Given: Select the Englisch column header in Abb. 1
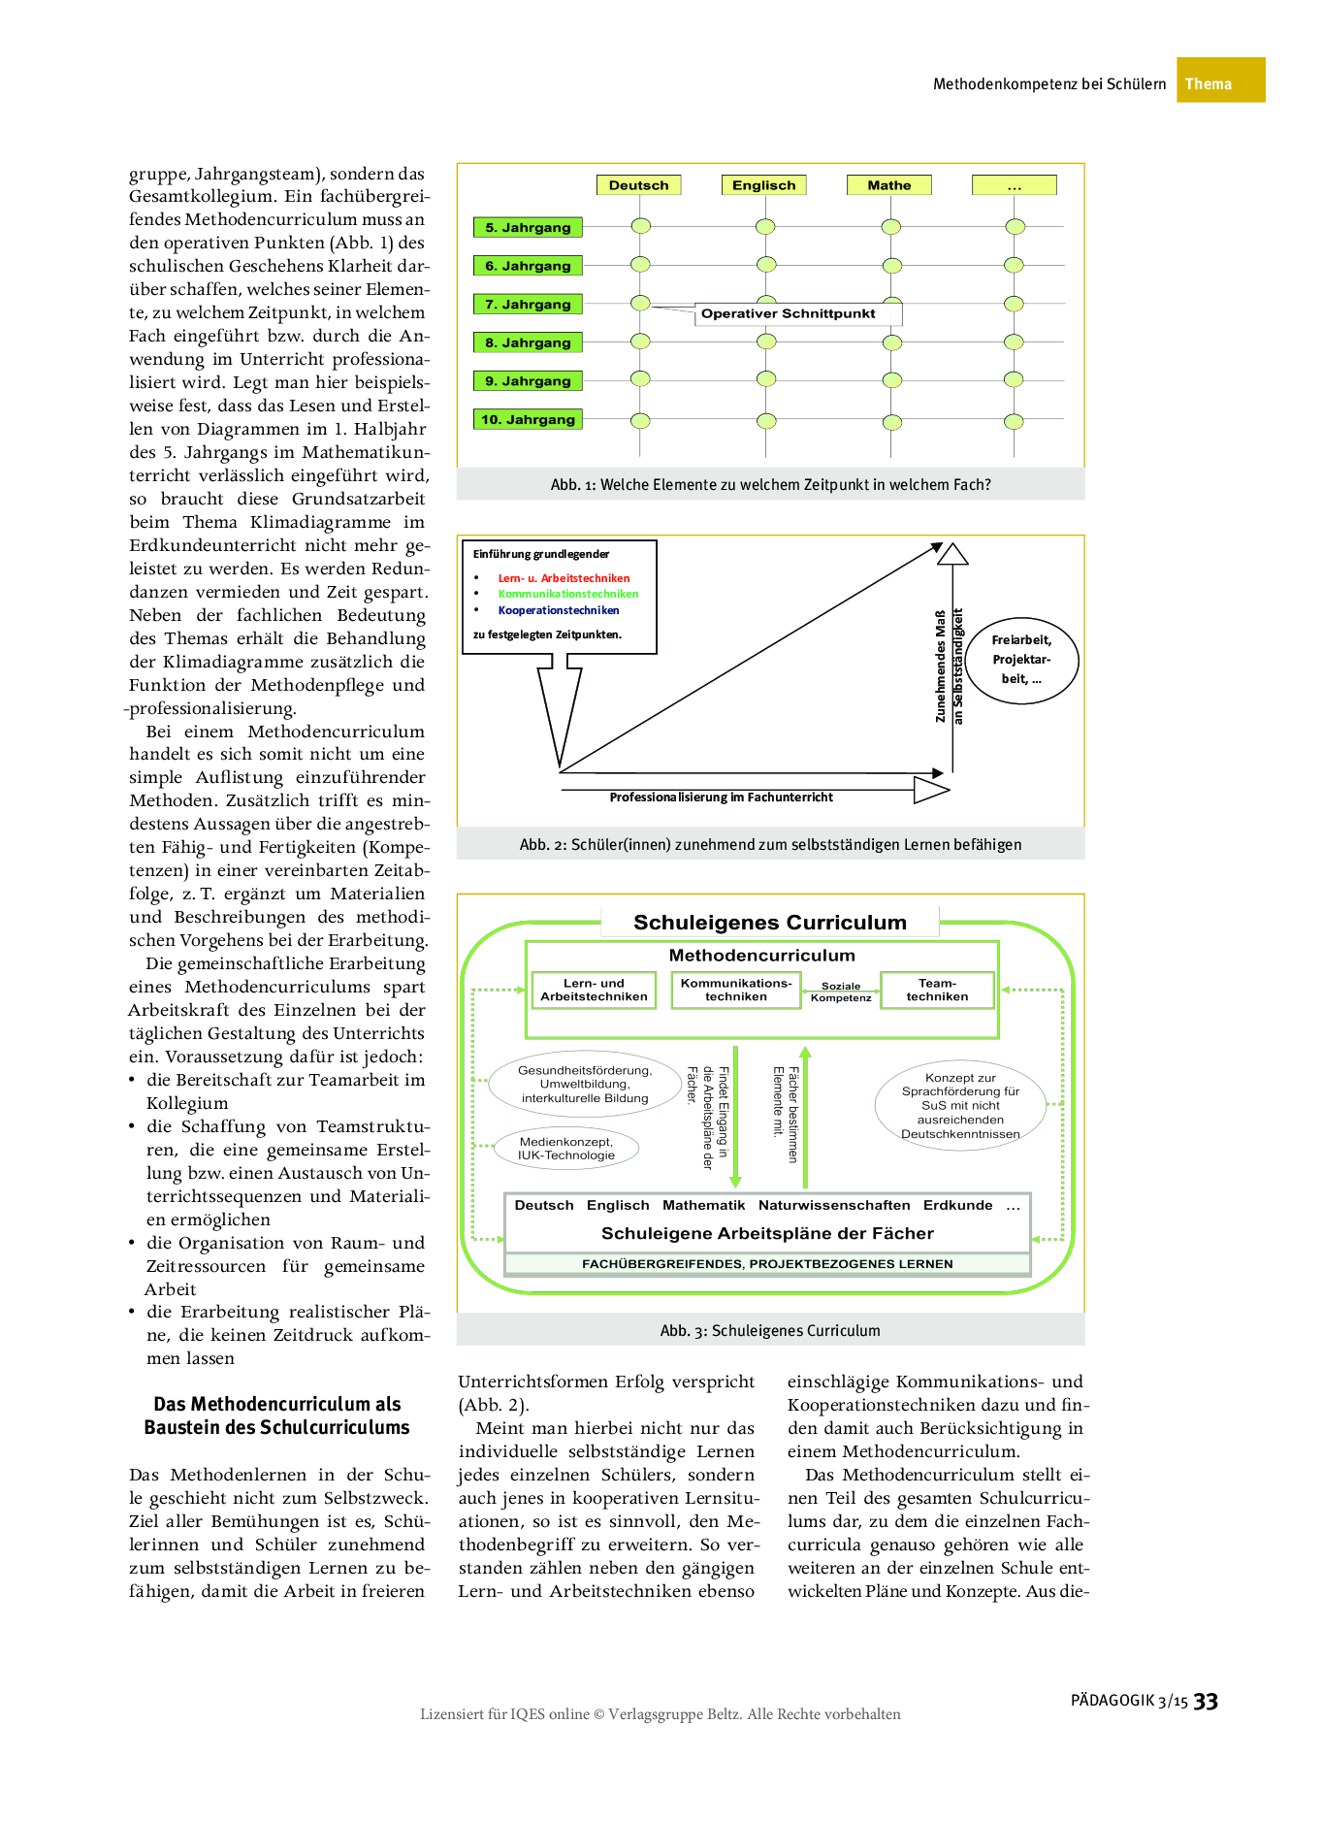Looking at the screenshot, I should coord(763,185).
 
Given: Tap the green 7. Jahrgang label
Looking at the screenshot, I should coord(528,304).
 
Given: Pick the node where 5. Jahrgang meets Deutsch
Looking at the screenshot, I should coord(640,226).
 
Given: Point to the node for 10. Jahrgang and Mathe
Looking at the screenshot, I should coord(891,422).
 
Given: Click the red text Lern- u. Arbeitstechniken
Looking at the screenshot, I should coord(564,578).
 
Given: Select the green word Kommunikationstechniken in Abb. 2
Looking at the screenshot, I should coord(568,594).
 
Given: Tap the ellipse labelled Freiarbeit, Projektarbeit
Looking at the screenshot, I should coord(1021,660).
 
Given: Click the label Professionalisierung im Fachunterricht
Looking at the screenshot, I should coord(721,797).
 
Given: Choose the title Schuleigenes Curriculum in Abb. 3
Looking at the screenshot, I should coord(769,923).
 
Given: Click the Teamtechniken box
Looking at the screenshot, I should coord(937,990).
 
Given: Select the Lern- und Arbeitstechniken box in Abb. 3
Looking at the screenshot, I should coord(594,990).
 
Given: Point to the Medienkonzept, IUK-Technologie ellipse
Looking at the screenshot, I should coord(566,1149).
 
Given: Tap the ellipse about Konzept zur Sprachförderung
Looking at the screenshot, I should coord(960,1106).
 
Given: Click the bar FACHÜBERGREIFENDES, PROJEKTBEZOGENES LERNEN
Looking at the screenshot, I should coord(766,1264).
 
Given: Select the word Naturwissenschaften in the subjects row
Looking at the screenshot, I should coord(834,1205).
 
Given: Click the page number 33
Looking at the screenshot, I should coord(1205,1702).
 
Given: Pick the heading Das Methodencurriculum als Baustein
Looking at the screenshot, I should coord(277,1415).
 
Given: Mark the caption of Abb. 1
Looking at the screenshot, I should coord(770,485).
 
